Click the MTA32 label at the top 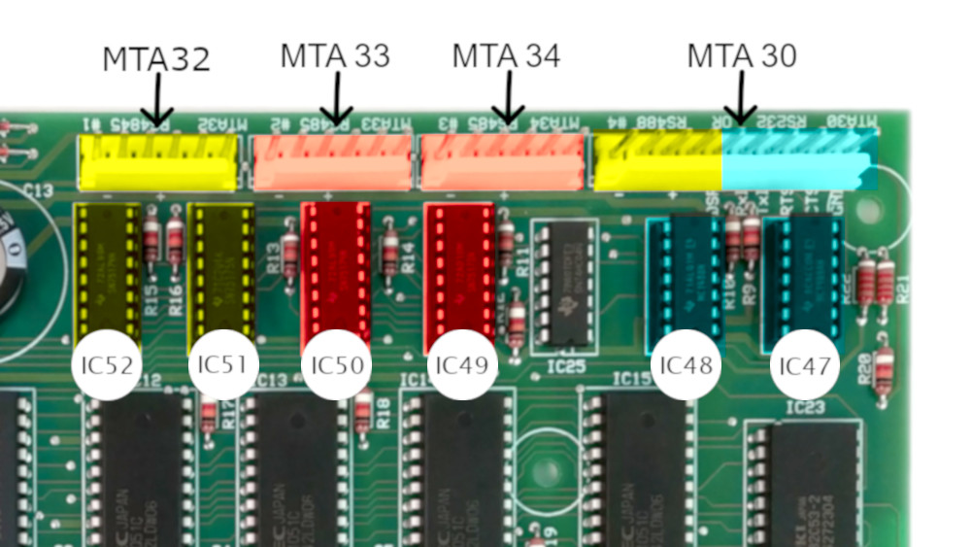coord(155,59)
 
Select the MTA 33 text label coord(335,56)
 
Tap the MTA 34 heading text coord(506,56)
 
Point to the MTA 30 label coord(742,56)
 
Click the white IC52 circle coord(107,366)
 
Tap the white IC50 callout coord(337,365)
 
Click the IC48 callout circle coord(686,366)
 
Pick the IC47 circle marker coord(806,366)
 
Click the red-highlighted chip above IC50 coord(336,272)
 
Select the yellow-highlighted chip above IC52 coord(107,272)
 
